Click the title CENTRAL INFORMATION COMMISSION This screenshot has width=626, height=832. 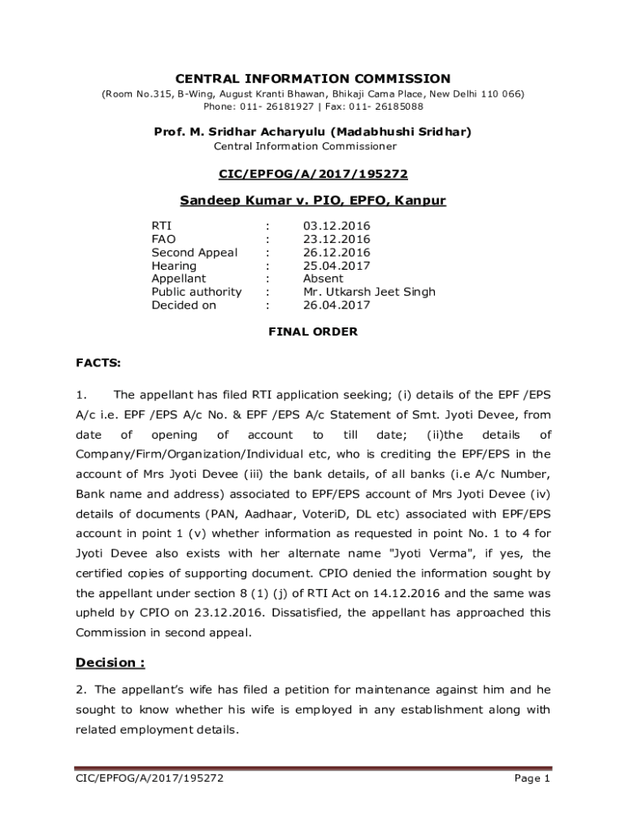313,79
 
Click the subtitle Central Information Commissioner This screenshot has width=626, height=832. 305,146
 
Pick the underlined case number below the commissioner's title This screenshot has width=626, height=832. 313,174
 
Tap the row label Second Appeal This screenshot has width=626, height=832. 194,252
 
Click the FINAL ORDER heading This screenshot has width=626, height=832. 313,331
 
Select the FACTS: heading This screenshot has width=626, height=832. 98,363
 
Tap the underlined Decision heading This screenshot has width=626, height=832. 110,663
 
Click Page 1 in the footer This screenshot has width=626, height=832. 533,779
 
